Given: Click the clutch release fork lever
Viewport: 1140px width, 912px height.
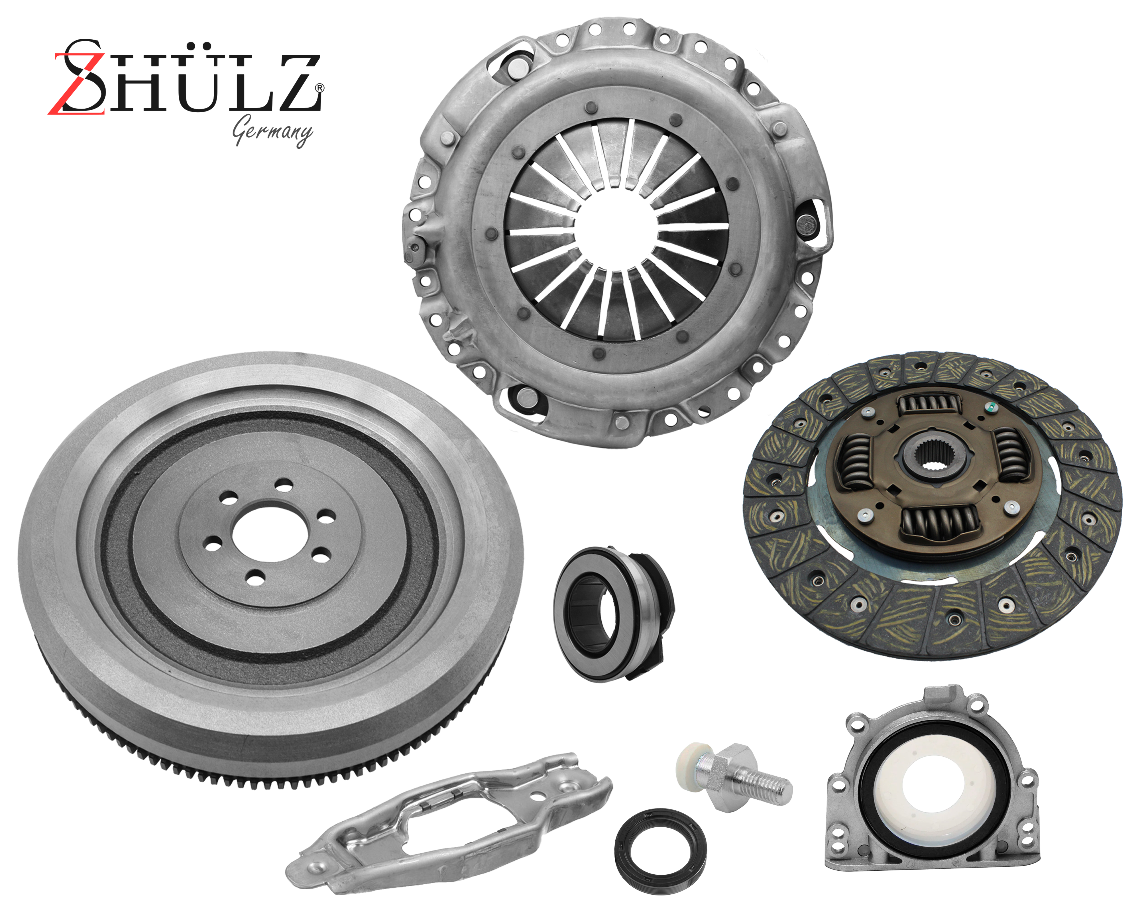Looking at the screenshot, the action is [449, 821].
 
